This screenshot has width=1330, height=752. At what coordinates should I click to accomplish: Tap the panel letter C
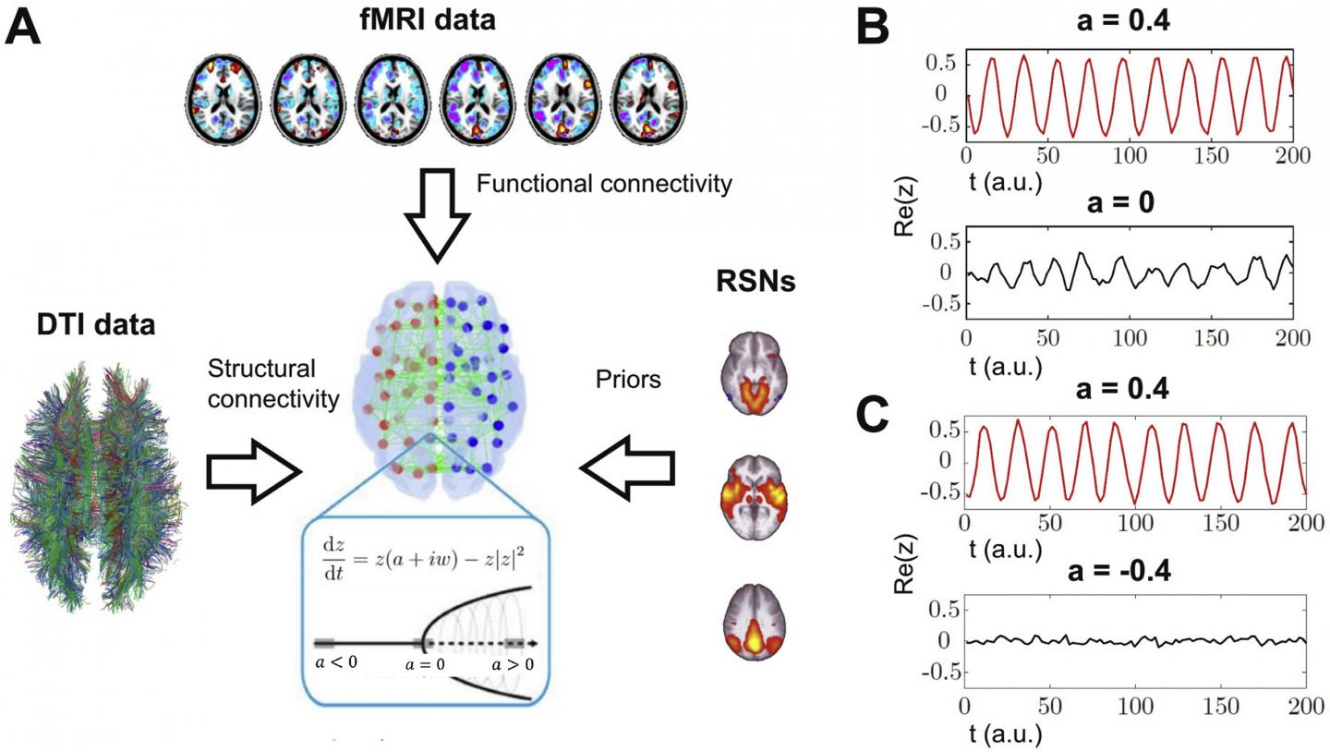coord(873,415)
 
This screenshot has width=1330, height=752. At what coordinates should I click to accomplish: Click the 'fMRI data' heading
coord(427,18)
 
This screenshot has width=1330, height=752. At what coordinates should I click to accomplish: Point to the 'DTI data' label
coord(96,325)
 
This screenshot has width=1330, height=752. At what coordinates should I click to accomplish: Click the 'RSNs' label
coord(756,281)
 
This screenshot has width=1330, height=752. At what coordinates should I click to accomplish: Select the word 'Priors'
coord(629,378)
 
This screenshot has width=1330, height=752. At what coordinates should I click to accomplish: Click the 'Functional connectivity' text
coord(604,183)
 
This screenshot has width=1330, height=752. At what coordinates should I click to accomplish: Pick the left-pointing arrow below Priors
coord(627,471)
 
